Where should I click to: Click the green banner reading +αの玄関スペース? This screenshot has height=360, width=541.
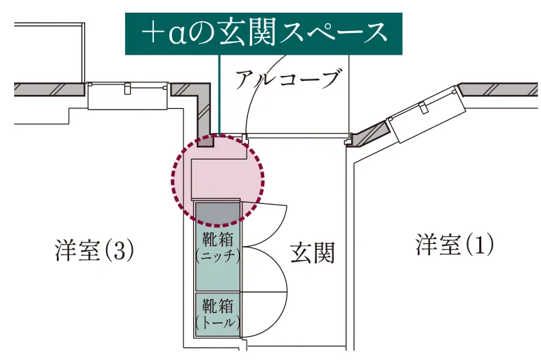click(263, 34)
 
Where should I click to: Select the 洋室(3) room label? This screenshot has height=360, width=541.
click(94, 250)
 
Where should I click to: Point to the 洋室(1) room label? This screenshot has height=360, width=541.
click(455, 245)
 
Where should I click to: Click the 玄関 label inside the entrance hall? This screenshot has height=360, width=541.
click(312, 252)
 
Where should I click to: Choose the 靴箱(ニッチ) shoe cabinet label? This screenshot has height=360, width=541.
click(218, 247)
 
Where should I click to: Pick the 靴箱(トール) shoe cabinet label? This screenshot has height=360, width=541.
click(218, 314)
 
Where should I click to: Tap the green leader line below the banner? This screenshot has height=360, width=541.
click(219, 94)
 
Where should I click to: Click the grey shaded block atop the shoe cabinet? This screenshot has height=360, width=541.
click(217, 212)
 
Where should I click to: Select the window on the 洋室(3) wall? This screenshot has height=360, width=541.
click(128, 96)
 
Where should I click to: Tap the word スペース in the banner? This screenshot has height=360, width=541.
click(333, 33)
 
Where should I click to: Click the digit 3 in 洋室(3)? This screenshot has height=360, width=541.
click(119, 250)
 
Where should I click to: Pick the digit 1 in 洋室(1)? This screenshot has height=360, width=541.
click(480, 245)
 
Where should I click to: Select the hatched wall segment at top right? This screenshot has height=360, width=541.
click(499, 90)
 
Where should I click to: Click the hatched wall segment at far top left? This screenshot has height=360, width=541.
click(49, 89)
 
